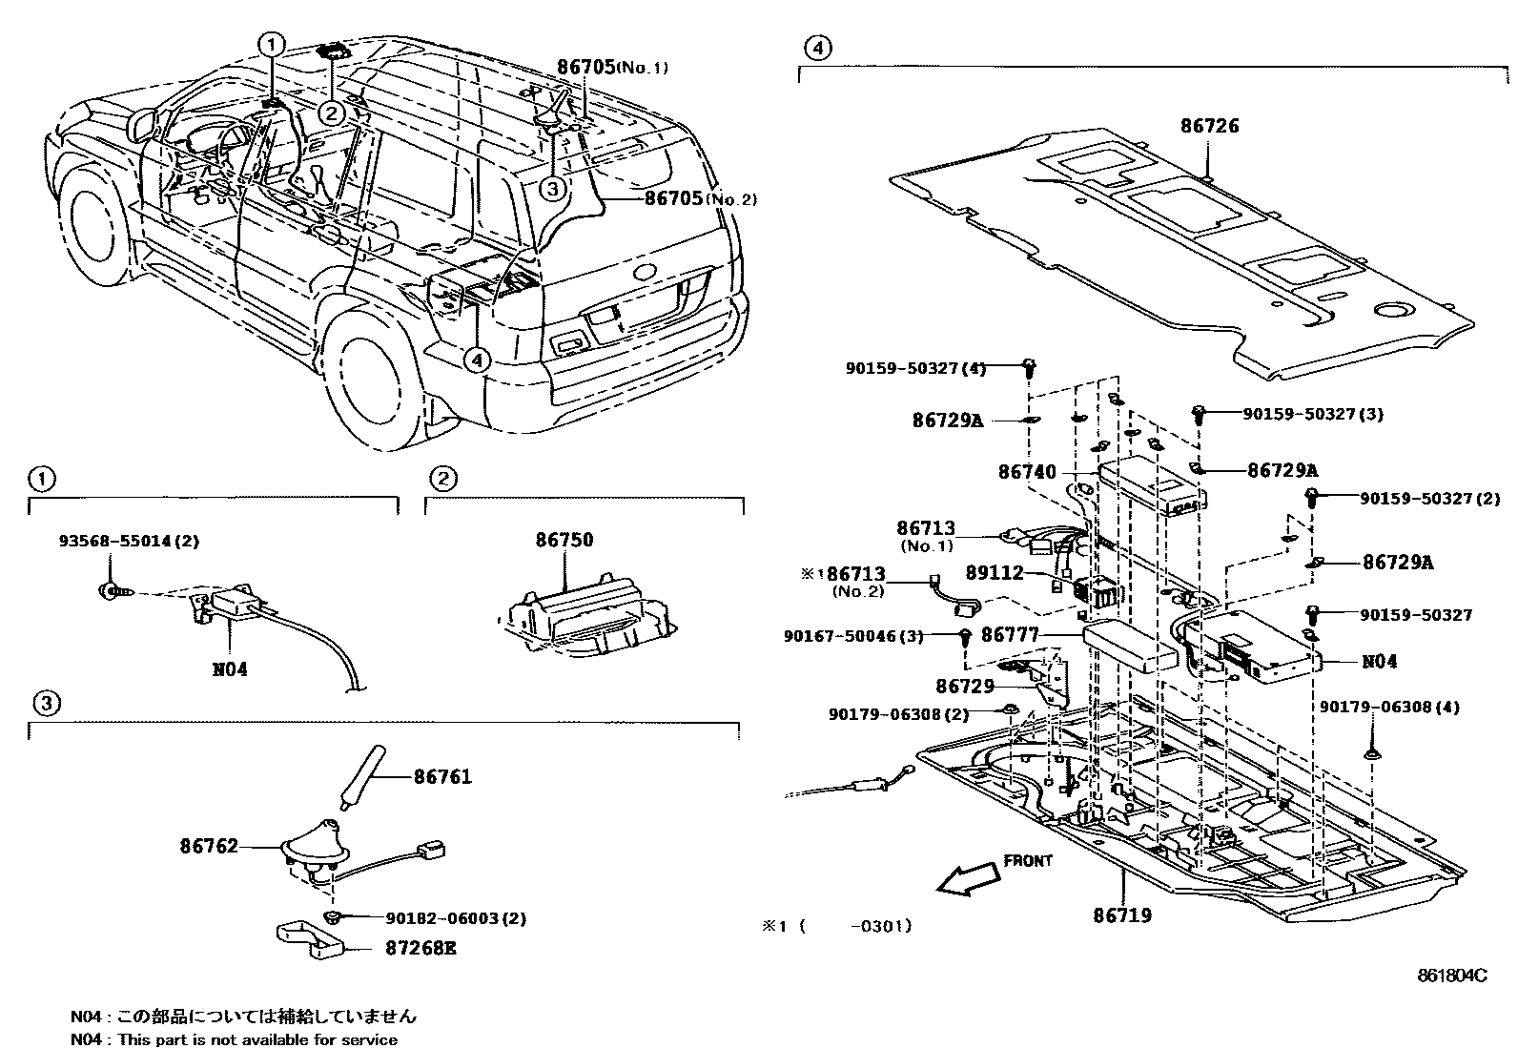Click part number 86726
(1209, 126)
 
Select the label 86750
(564, 540)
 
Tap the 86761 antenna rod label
(442, 777)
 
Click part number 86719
(1122, 915)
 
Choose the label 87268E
(421, 949)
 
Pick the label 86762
(209, 846)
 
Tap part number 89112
(995, 572)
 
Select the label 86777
(1010, 634)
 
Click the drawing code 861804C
(1450, 976)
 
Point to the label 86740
(1027, 472)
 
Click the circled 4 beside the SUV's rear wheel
(477, 360)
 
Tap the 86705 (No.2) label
(700, 199)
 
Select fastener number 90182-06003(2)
(456, 918)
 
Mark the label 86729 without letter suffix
(965, 687)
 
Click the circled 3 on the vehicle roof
(552, 189)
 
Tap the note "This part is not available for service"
(257, 1039)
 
